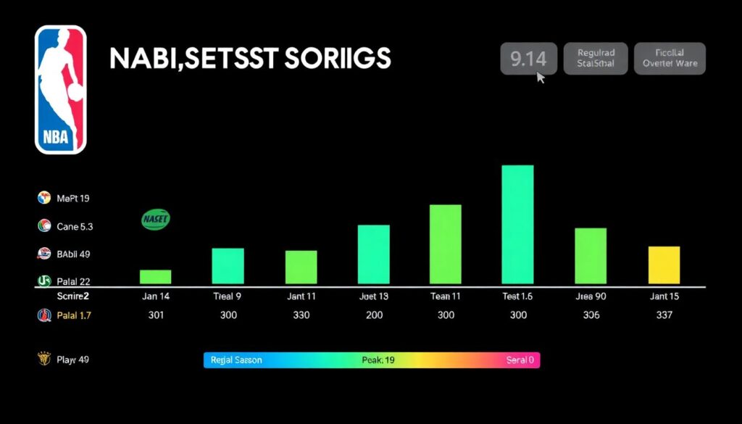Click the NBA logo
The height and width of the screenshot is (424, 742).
click(x=61, y=90)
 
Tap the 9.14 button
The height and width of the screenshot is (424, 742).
click(x=528, y=59)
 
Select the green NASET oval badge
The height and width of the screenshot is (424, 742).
click(x=155, y=220)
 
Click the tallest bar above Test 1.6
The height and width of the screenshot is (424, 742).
click(x=517, y=224)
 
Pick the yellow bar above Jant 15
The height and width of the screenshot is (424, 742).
click(x=664, y=265)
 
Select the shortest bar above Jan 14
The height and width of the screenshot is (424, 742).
click(x=155, y=276)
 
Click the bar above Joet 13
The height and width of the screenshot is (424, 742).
click(x=373, y=254)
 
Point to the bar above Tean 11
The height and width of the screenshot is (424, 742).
click(x=446, y=244)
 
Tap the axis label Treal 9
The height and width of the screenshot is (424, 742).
click(x=228, y=296)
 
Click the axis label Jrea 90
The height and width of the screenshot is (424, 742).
click(x=591, y=296)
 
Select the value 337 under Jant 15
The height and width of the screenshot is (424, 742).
click(x=664, y=315)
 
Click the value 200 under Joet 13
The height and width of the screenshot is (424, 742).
click(x=374, y=315)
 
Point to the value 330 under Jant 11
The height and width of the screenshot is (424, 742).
click(x=301, y=315)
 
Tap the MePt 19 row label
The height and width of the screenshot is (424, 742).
click(x=72, y=198)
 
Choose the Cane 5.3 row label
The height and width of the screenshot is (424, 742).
click(x=75, y=227)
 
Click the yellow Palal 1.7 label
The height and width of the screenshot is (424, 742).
click(x=73, y=315)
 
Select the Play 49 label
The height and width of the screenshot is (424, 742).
click(x=72, y=359)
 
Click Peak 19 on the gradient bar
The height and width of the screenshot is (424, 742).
click(x=378, y=360)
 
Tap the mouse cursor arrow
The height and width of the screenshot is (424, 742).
click(x=541, y=76)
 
